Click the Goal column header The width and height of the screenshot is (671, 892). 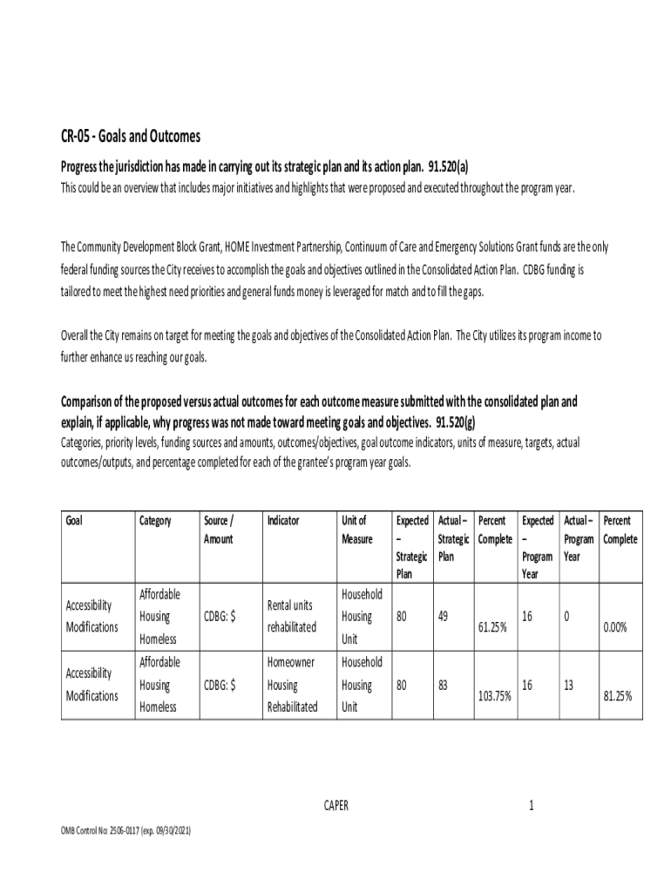coord(77,521)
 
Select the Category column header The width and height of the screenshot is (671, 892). coord(155,521)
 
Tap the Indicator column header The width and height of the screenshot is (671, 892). coord(283,521)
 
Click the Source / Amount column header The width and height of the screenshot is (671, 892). coord(218,530)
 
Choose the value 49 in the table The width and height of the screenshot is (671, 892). coord(444,617)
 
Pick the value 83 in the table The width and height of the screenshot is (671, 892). coord(444,685)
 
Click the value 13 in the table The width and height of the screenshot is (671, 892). coord(568,685)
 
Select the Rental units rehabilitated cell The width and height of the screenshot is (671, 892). coord(291,617)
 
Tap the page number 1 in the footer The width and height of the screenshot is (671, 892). coord(531,806)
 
